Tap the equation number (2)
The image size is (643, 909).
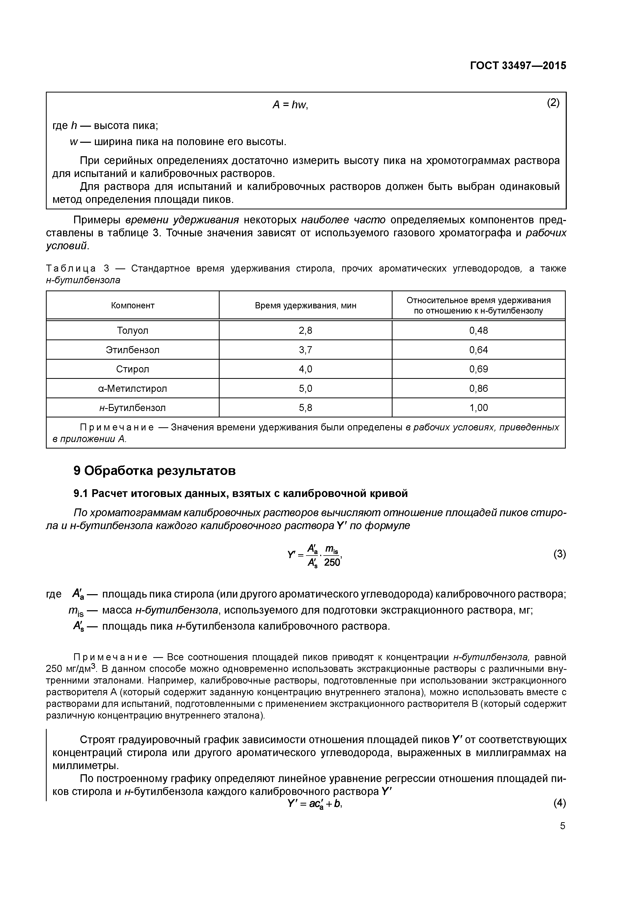click(553, 103)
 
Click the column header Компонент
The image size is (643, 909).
click(133, 305)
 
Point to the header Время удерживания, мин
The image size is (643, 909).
click(305, 305)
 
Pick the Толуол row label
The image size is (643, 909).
click(133, 330)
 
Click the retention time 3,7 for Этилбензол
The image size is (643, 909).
click(305, 350)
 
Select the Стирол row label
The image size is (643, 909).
click(133, 369)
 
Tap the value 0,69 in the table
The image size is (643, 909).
click(479, 369)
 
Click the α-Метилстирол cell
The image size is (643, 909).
click(133, 388)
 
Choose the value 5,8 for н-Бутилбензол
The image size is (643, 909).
click(305, 407)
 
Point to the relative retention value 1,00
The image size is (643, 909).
click(479, 407)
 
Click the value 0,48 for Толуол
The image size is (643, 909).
click(479, 330)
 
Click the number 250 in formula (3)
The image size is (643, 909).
click(332, 563)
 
